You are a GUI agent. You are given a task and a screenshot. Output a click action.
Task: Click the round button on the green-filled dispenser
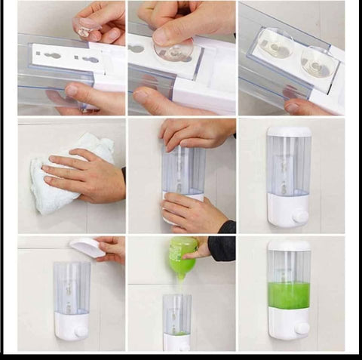[302, 328]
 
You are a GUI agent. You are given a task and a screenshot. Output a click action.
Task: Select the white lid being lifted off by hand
[87, 247]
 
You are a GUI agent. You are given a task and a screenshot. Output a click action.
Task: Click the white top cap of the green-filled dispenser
[289, 246]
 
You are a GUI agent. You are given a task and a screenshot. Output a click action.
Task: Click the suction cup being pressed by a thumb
[174, 50]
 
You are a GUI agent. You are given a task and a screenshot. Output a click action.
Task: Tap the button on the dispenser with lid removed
[80, 331]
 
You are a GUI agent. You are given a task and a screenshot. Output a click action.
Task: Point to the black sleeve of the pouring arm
[222, 248]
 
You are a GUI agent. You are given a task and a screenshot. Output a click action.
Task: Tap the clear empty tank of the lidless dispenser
[72, 287]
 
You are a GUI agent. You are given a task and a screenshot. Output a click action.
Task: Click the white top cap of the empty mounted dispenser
[289, 131]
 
